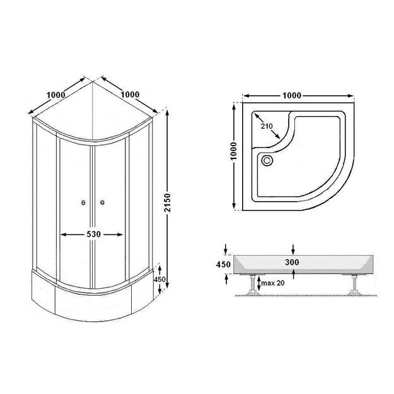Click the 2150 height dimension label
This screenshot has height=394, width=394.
(x=167, y=203)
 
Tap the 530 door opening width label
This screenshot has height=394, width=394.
(x=93, y=234)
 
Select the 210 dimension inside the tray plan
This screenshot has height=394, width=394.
(x=267, y=126)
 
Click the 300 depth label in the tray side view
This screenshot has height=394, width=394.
(x=292, y=262)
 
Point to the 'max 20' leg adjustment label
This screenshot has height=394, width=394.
(x=272, y=283)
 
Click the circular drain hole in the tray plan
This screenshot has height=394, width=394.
(x=267, y=160)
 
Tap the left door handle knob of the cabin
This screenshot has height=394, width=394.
(x=83, y=202)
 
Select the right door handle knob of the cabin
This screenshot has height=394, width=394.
(x=102, y=202)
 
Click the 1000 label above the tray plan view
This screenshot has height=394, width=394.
(x=292, y=96)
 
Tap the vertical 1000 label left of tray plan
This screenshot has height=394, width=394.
(x=233, y=151)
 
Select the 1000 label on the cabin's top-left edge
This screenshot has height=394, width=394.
(x=55, y=95)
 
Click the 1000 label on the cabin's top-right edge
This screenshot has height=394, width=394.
(x=130, y=95)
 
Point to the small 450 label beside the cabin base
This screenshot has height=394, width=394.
(x=159, y=279)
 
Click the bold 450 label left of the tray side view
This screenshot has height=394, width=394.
(x=223, y=264)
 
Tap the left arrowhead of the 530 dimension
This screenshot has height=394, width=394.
(x=64, y=235)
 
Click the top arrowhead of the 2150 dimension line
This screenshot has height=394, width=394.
(x=167, y=113)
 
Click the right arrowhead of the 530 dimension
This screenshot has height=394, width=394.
(x=120, y=235)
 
